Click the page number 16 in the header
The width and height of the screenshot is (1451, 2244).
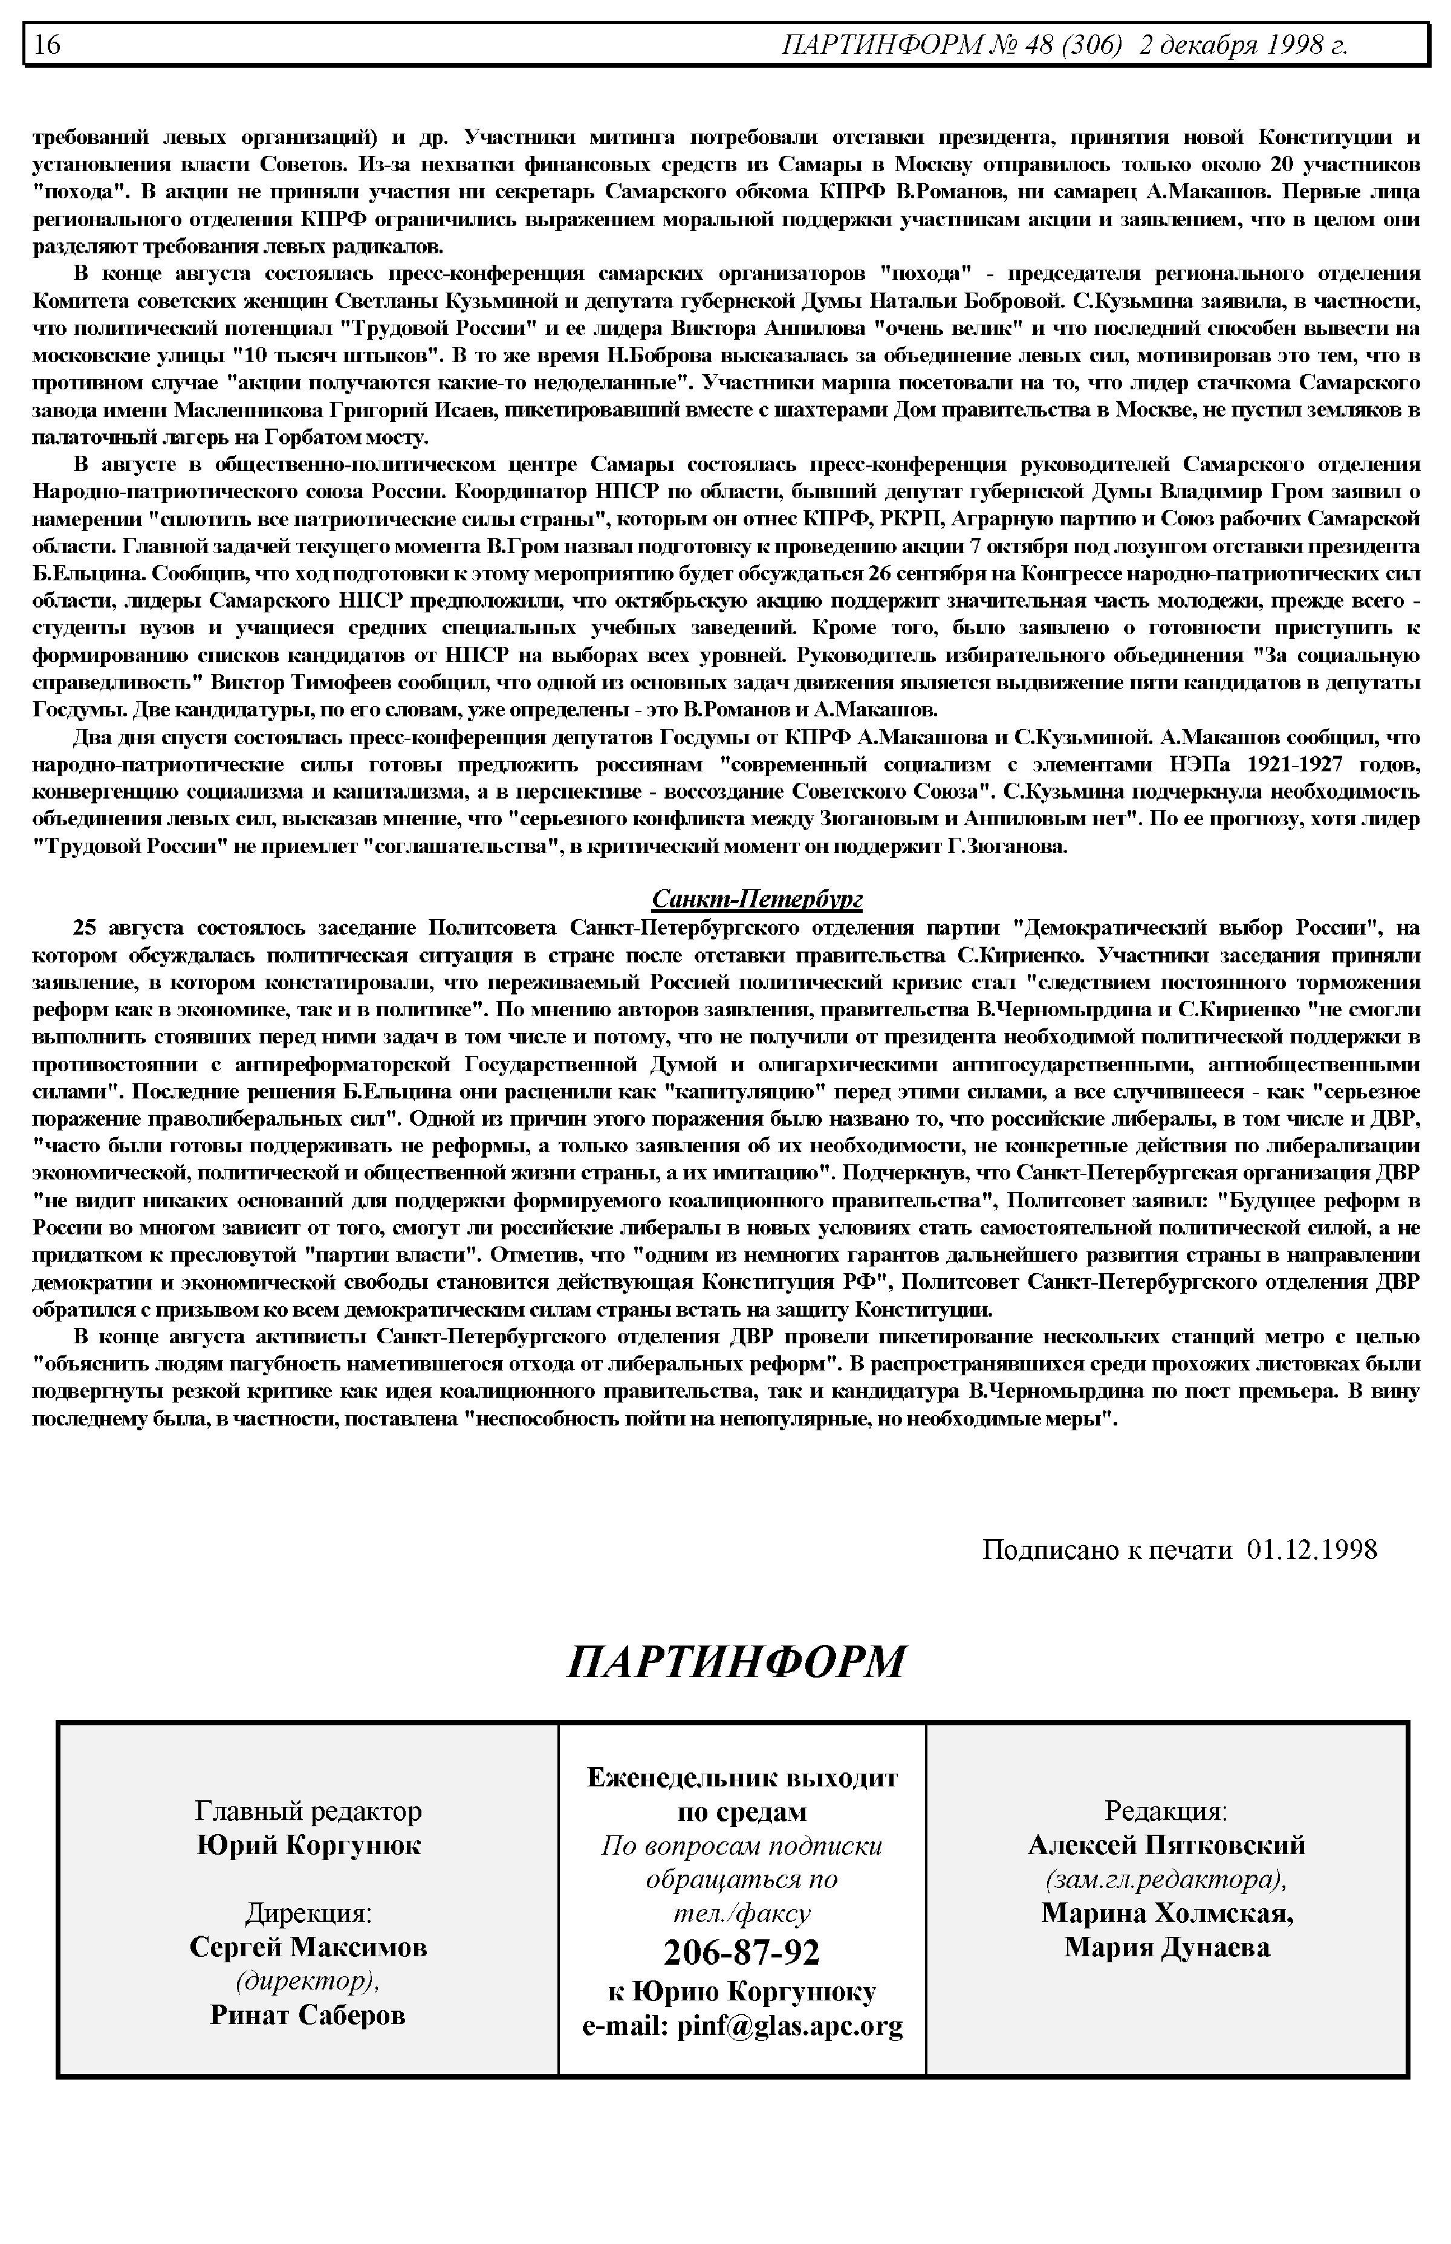tap(47, 44)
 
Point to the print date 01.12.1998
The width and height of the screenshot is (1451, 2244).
tap(1311, 1549)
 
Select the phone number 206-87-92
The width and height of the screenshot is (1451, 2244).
tap(741, 1952)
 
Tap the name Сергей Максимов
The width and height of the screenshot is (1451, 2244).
tap(308, 1947)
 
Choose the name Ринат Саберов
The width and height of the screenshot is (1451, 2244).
tap(308, 2014)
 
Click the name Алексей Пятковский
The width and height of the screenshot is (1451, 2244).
tap(1166, 1844)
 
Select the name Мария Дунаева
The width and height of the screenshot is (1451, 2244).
tap(1166, 1947)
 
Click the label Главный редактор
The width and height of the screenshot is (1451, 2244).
tap(308, 1810)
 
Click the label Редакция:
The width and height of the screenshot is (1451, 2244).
tap(1166, 1810)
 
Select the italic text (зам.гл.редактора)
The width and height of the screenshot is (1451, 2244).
tap(1166, 1878)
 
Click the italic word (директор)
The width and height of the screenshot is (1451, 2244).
tap(308, 1980)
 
